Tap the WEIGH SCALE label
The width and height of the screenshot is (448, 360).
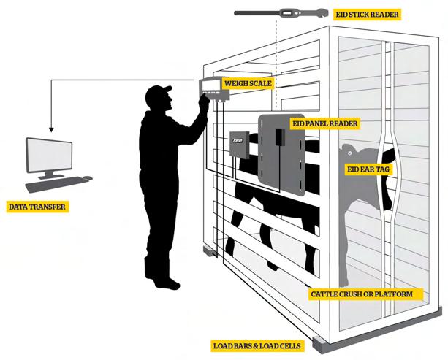248,84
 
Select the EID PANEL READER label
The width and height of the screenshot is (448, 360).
324,123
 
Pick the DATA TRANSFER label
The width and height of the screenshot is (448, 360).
37,207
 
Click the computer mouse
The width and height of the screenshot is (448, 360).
88,177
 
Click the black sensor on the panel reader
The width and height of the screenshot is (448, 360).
278,137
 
